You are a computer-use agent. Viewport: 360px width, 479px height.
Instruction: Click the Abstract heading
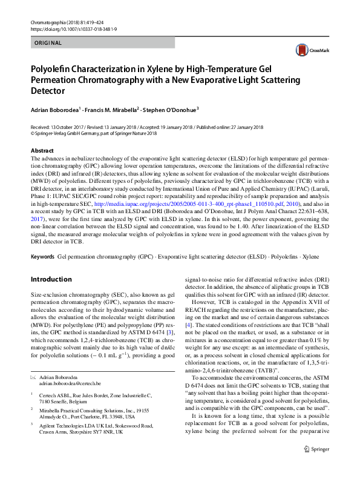coord(42,150)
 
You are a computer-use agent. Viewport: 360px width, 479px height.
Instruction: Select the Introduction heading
coord(51,280)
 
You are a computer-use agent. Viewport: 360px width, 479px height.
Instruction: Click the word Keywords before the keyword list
coord(42,257)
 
